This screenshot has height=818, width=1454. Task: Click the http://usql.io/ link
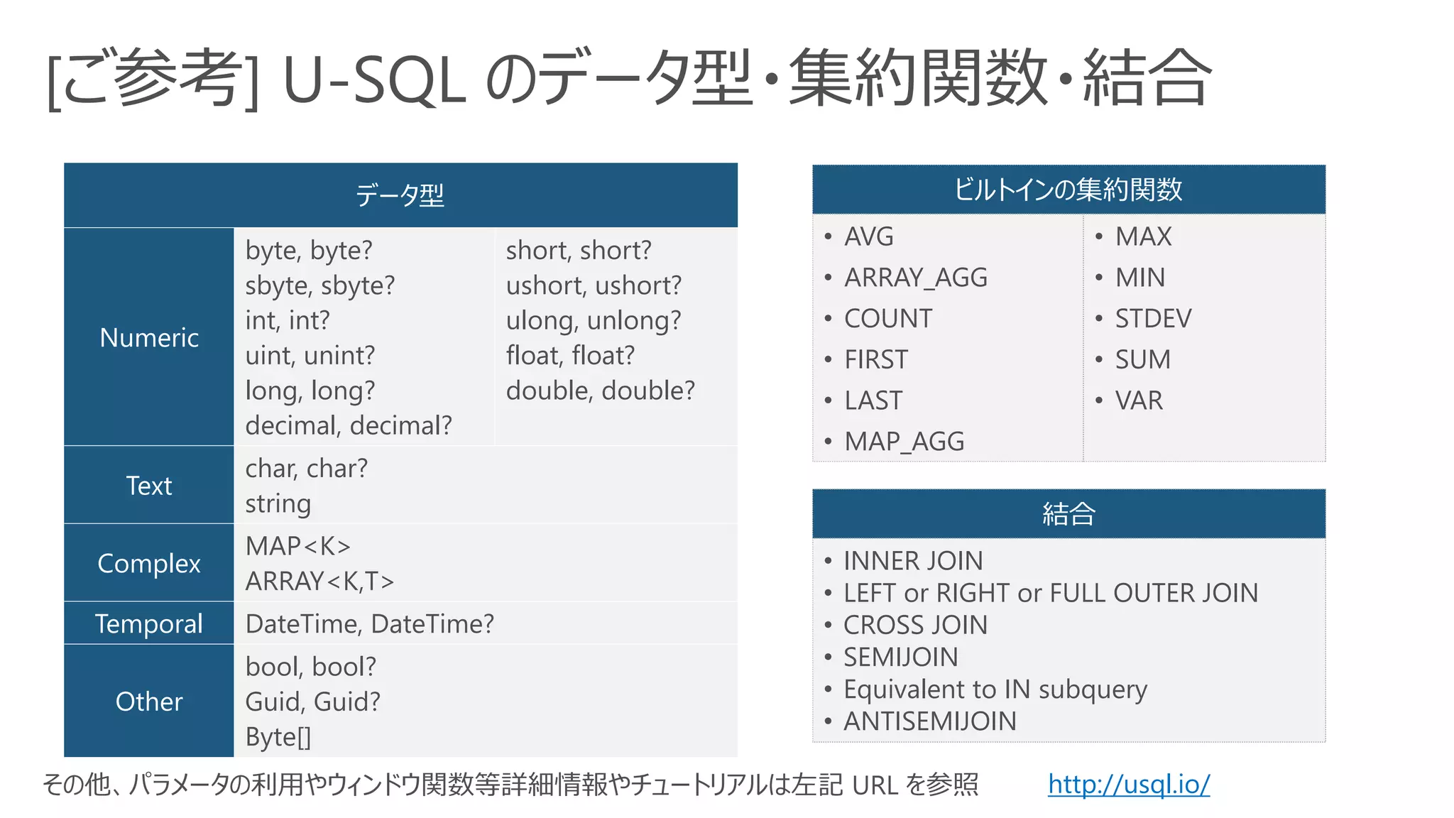click(1128, 785)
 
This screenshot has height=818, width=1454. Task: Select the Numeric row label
click(149, 338)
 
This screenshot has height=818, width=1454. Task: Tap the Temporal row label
click(149, 623)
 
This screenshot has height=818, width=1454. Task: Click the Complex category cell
click(149, 563)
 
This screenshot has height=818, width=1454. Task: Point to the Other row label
click(149, 702)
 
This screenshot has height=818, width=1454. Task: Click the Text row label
click(149, 486)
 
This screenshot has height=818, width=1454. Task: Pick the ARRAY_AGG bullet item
click(915, 278)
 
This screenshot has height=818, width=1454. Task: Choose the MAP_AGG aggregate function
click(904, 442)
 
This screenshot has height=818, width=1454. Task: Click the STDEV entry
click(1153, 319)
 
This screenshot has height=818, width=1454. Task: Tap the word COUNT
click(888, 319)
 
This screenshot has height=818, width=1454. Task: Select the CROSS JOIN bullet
click(915, 626)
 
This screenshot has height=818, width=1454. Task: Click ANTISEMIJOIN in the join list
click(929, 721)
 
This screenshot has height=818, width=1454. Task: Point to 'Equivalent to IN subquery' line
click(995, 689)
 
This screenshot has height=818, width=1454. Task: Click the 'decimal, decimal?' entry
click(349, 425)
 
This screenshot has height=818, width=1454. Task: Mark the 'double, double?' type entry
click(600, 391)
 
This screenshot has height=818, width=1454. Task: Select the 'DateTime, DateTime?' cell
click(369, 624)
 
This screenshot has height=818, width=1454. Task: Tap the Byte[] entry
click(278, 737)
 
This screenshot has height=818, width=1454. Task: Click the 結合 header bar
click(1068, 513)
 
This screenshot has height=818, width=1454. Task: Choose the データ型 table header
click(400, 195)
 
